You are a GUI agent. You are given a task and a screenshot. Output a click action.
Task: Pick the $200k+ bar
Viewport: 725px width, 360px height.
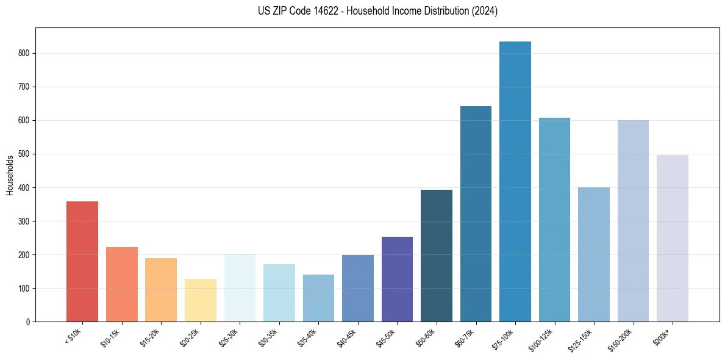pyautogui.click(x=673, y=238)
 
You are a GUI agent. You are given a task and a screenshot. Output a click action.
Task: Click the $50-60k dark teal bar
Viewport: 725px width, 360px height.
pyautogui.click(x=437, y=256)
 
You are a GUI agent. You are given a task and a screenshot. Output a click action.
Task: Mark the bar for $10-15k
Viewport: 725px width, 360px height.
pyautogui.click(x=122, y=284)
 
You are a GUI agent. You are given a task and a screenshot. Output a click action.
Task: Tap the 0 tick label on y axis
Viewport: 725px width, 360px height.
pyautogui.click(x=27, y=322)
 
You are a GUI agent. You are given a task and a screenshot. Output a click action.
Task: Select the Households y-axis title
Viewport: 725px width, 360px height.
pyautogui.click(x=10, y=175)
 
